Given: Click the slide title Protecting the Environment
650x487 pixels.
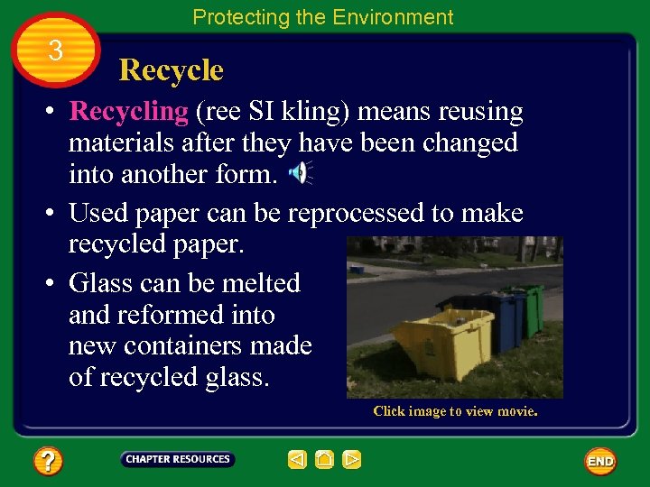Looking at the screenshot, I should pyautogui.click(x=322, y=17).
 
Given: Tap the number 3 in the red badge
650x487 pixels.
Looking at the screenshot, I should pyautogui.click(x=56, y=51).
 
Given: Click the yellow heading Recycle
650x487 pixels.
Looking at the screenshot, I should pyautogui.click(x=171, y=70).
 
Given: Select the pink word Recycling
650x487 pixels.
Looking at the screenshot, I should pyautogui.click(x=128, y=112).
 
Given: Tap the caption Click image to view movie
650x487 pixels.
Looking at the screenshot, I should pyautogui.click(x=455, y=411).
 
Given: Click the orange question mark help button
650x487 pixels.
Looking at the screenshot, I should pyautogui.click(x=48, y=462).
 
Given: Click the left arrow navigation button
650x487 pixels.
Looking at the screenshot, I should pyautogui.click(x=297, y=460).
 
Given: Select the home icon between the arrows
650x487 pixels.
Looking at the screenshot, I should pyautogui.click(x=325, y=460).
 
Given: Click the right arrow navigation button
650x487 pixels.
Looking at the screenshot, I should pyautogui.click(x=352, y=460).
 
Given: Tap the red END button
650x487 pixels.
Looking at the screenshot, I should pyautogui.click(x=600, y=461).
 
